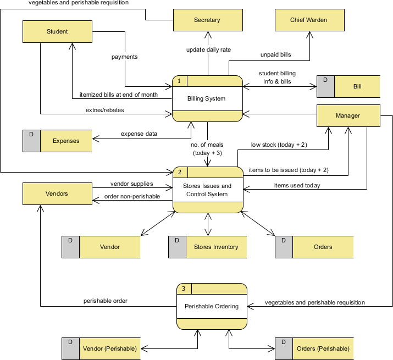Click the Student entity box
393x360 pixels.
click(57, 31)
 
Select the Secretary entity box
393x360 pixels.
click(207, 20)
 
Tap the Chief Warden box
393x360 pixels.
click(309, 20)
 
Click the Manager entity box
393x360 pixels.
click(348, 115)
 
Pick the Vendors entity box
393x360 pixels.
click(57, 194)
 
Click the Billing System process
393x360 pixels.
click(207, 99)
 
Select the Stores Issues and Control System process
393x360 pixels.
click(208, 190)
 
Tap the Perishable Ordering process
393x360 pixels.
click(212, 306)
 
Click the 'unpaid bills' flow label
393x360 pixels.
click(275, 55)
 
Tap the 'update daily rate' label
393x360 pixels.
click(208, 49)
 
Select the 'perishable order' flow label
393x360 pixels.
click(106, 301)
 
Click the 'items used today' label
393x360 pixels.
click(297, 185)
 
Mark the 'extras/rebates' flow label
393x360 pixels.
click(104, 110)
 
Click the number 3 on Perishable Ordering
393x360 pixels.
click(184, 289)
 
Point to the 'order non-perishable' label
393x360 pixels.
click(132, 197)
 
